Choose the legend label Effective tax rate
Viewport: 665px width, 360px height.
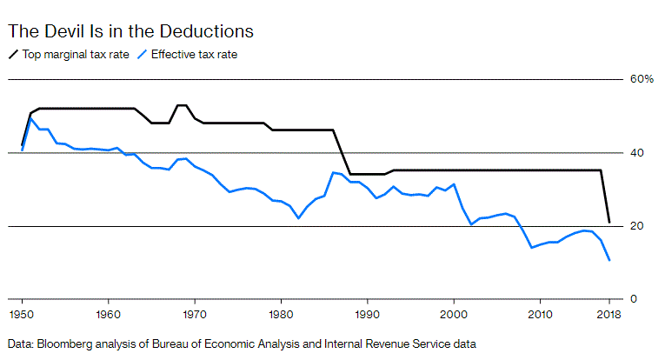194,54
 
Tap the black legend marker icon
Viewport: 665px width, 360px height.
13,54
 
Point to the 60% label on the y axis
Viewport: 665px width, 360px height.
642,79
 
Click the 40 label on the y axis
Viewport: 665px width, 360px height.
637,152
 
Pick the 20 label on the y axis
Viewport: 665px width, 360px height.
637,226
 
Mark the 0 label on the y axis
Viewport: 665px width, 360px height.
634,299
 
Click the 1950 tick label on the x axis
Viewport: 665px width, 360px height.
21,313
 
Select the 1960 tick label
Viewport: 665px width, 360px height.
108,313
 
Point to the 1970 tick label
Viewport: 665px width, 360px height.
194,313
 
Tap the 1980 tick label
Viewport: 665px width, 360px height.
281,313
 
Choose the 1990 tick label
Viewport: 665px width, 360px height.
368,313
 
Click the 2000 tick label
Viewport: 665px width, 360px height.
454,313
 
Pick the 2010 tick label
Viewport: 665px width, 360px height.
541,313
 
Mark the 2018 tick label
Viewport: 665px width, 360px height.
609,313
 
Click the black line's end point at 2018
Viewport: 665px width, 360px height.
609,222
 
